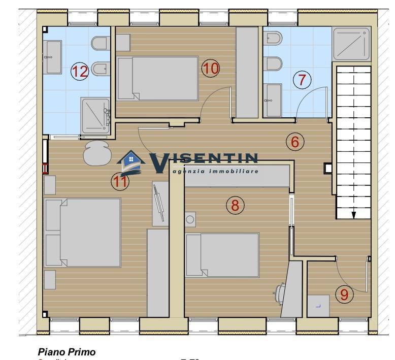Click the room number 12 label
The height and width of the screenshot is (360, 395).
(x=80, y=71)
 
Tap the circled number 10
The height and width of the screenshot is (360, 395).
(x=210, y=68)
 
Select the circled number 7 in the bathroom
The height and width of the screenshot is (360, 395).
(x=302, y=80)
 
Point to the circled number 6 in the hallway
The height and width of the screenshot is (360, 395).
(x=295, y=142)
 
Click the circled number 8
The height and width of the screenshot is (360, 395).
(x=235, y=205)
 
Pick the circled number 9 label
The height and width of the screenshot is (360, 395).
(x=344, y=294)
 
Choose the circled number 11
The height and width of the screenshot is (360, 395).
(x=120, y=180)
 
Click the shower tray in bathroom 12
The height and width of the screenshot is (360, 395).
(x=95, y=116)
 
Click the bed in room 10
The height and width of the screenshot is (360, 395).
(x=157, y=79)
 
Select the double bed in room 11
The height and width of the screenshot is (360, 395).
(x=83, y=233)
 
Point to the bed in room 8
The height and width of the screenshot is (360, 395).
(x=222, y=255)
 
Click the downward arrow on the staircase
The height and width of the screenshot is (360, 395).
(x=354, y=214)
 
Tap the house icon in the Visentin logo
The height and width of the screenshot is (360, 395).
(x=131, y=162)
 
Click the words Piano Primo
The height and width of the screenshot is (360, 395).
(x=67, y=351)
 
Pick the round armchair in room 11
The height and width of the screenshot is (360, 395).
(x=96, y=153)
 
